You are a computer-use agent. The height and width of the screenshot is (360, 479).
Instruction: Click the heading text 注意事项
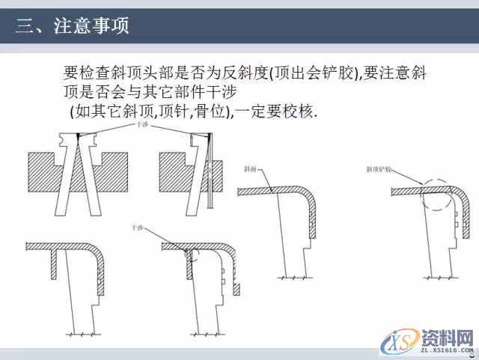point(91,27)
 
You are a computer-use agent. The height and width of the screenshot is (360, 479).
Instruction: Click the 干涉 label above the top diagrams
point(141,127)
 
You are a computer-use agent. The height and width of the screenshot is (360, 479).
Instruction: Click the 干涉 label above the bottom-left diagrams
point(137,227)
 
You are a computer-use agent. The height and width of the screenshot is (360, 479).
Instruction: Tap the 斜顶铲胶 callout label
point(380,169)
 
